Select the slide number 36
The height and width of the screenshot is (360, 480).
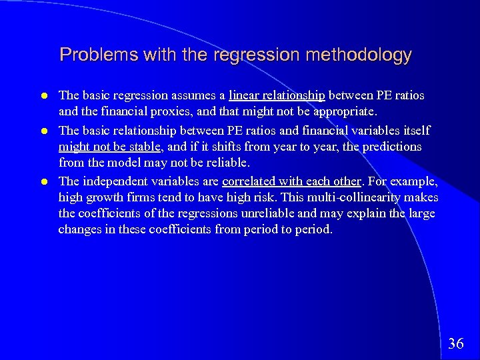[456, 343]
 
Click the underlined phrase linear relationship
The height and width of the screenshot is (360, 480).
[277, 96]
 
